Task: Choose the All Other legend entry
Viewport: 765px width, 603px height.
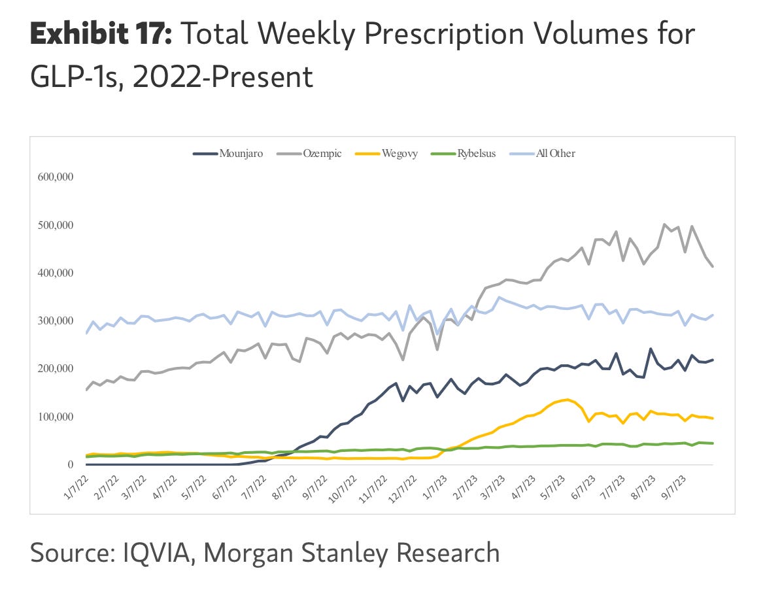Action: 545,154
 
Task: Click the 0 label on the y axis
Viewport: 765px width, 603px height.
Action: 69,464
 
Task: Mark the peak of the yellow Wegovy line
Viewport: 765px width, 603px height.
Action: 567,400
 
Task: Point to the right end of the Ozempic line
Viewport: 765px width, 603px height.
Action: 713,267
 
